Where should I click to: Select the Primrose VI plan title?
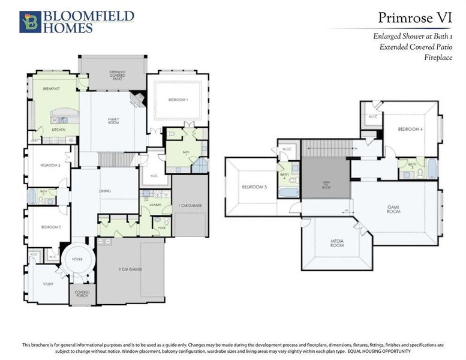(407, 17)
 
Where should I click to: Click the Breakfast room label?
(50, 89)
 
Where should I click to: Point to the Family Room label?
(113, 121)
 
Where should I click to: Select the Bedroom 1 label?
(178, 99)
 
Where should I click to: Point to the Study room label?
(47, 284)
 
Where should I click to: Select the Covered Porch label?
(82, 295)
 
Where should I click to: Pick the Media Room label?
(336, 244)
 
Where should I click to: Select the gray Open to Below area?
(325, 178)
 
